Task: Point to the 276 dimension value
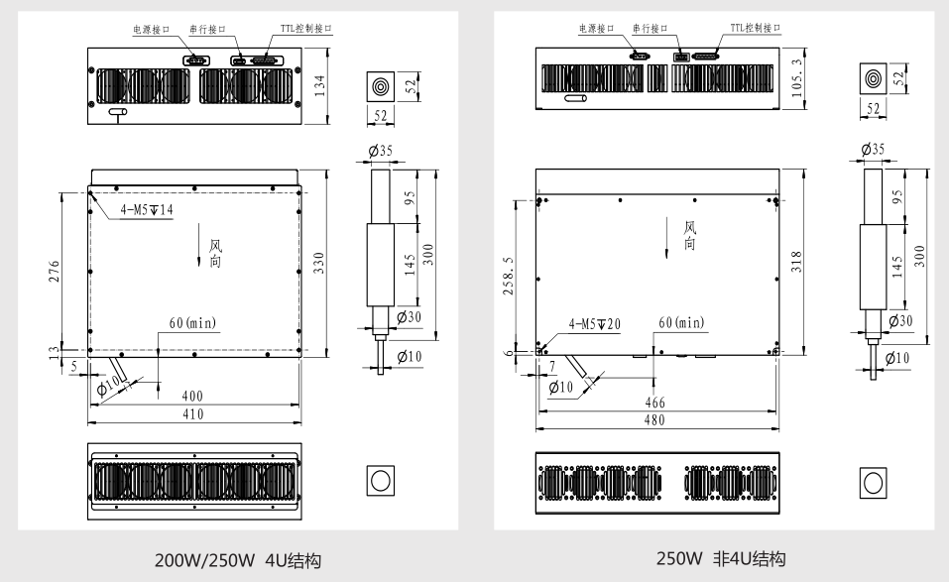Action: click(55, 271)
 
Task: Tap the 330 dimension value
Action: click(318, 262)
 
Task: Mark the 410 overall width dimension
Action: click(192, 413)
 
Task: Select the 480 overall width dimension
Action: click(654, 420)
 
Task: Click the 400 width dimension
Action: click(192, 397)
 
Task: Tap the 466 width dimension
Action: click(654, 404)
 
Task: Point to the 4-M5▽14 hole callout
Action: click(146, 210)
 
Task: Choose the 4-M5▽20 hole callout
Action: click(595, 324)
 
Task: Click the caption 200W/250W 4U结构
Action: click(238, 561)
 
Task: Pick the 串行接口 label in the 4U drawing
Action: click(207, 30)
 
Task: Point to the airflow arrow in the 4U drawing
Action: click(200, 254)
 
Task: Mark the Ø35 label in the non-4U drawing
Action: click(874, 149)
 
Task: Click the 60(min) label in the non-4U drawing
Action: click(681, 323)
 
